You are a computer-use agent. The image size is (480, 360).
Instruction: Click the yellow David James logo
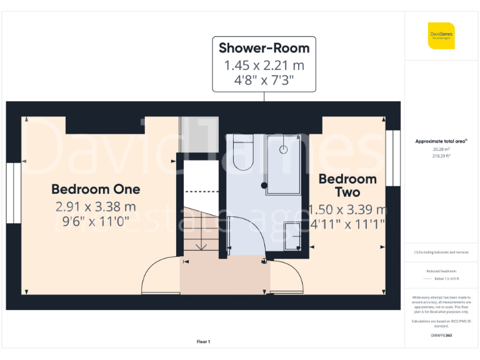click(x=441, y=36)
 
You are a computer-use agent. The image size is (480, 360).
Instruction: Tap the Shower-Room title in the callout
click(x=264, y=48)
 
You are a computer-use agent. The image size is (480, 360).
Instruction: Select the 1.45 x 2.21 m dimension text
click(x=264, y=65)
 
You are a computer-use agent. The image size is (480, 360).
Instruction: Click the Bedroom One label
click(x=96, y=189)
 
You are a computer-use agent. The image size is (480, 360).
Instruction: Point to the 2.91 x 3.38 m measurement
click(x=96, y=206)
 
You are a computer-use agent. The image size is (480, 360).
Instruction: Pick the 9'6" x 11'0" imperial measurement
click(x=96, y=221)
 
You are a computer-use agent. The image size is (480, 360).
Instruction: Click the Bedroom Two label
click(x=347, y=186)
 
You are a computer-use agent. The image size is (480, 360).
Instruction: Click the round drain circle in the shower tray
click(x=283, y=149)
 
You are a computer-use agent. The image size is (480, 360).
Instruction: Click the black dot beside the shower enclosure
click(x=265, y=186)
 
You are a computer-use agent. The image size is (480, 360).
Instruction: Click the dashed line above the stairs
click(x=200, y=191)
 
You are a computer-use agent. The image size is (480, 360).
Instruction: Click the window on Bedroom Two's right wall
click(x=392, y=157)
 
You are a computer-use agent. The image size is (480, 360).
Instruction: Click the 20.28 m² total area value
click(x=442, y=149)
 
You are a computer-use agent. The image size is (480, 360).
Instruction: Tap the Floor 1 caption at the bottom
click(x=203, y=342)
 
